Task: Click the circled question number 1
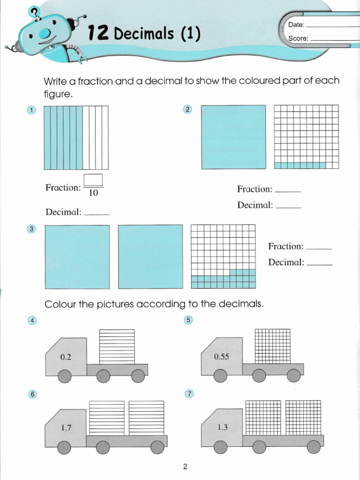click(31, 111)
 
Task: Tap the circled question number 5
click(188, 320)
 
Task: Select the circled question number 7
click(189, 394)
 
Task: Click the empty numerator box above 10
click(93, 180)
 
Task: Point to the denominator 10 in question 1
click(93, 193)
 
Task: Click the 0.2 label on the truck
click(66, 357)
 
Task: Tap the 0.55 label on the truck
click(221, 357)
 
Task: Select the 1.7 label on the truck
click(66, 427)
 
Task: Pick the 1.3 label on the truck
click(222, 427)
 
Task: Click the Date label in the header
click(296, 25)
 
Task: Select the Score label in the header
click(299, 38)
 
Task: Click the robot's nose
click(45, 33)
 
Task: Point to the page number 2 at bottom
click(185, 466)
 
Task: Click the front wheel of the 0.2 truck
click(65, 376)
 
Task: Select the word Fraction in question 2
click(255, 189)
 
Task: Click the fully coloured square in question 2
click(233, 137)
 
